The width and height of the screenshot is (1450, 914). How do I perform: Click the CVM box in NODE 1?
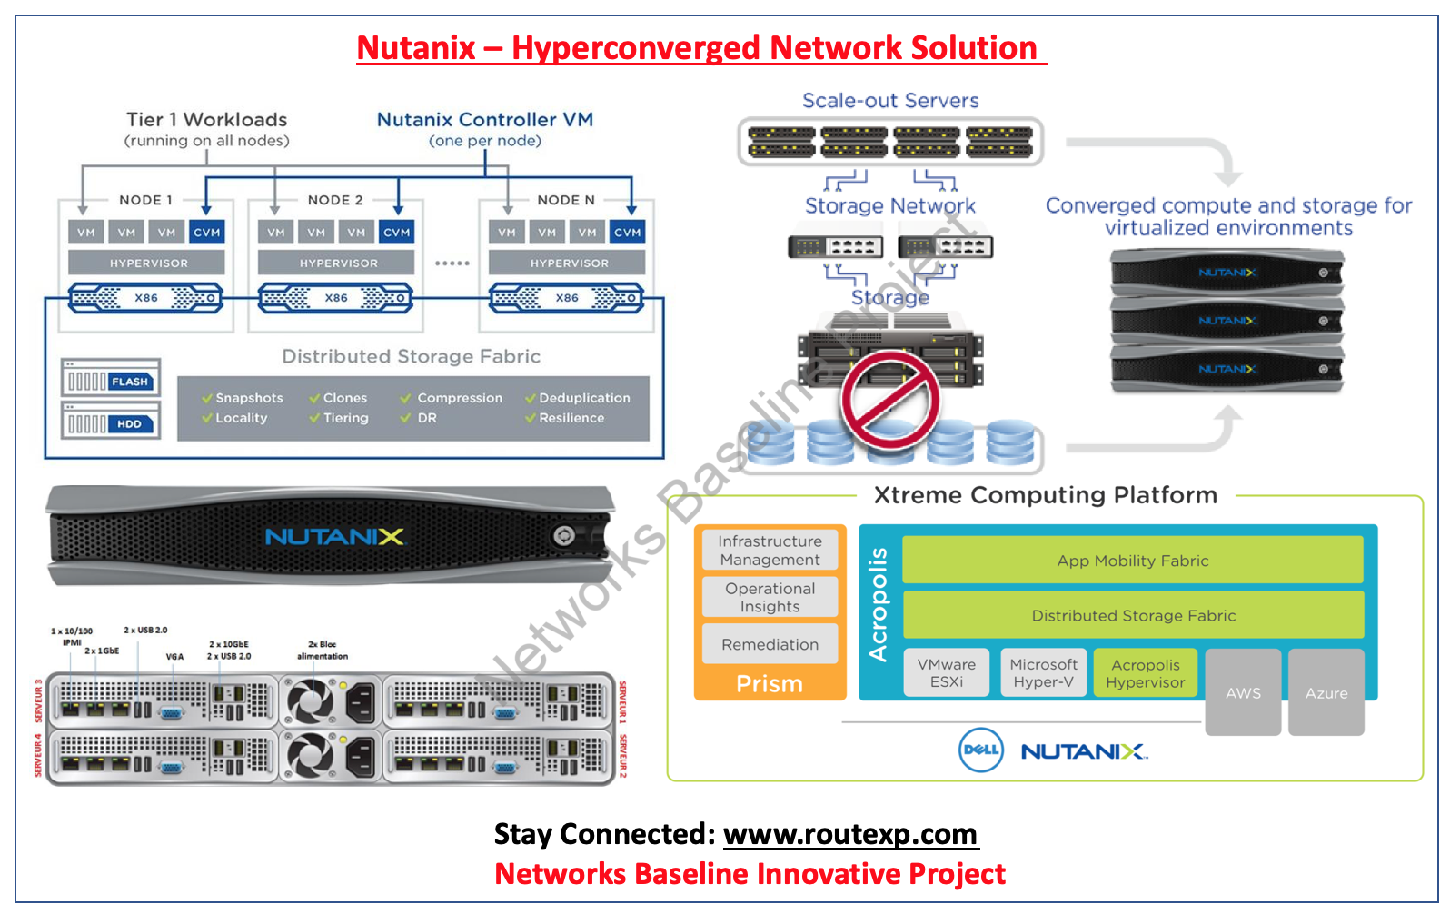point(206,233)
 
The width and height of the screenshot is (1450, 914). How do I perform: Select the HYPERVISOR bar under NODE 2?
point(338,263)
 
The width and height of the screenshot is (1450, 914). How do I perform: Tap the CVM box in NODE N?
point(627,233)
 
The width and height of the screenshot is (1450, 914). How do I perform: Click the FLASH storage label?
point(129,382)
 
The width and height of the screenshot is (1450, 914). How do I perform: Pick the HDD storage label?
point(129,424)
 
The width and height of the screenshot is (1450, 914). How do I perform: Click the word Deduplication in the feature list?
point(584,398)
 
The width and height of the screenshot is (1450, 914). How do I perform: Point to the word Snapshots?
point(249,398)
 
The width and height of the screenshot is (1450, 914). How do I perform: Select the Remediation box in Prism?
point(770,644)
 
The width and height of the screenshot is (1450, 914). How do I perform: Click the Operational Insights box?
point(770,597)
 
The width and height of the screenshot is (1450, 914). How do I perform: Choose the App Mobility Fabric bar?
point(1132,561)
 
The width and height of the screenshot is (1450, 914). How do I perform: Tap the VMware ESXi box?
point(946,673)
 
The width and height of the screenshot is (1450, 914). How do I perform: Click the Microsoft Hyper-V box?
point(1043,673)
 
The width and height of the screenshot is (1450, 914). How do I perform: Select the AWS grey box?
point(1243,692)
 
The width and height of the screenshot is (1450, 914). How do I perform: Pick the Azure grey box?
point(1326,692)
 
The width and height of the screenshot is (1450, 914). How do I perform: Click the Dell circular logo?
point(981,750)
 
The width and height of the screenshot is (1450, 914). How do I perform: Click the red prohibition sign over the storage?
point(890,400)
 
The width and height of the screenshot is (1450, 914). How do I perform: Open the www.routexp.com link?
point(849,834)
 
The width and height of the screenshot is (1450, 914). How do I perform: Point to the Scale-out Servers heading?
point(890,101)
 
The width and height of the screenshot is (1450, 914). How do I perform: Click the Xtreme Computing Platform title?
point(1045,495)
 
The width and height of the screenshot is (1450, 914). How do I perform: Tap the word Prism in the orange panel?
point(770,683)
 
